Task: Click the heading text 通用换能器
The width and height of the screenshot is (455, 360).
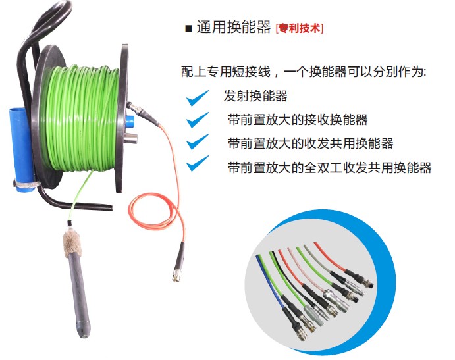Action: (234, 27)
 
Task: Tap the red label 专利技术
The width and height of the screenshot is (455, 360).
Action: (300, 28)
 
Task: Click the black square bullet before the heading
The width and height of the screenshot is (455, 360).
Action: (188, 28)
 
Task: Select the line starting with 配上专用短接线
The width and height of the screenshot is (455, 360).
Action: (304, 72)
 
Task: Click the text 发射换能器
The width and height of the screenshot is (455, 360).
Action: (255, 96)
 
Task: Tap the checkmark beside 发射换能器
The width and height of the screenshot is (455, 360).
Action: (198, 98)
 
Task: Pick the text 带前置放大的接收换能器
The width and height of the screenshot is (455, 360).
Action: (298, 120)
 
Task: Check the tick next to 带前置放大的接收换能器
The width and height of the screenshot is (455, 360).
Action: (198, 120)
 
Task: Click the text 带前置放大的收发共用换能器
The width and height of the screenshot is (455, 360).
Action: (311, 143)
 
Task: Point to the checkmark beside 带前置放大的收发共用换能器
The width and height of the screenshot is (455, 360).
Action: (198, 141)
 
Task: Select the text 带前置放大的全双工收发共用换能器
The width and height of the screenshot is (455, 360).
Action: (330, 168)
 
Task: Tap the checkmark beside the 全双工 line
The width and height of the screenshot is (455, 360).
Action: (198, 163)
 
